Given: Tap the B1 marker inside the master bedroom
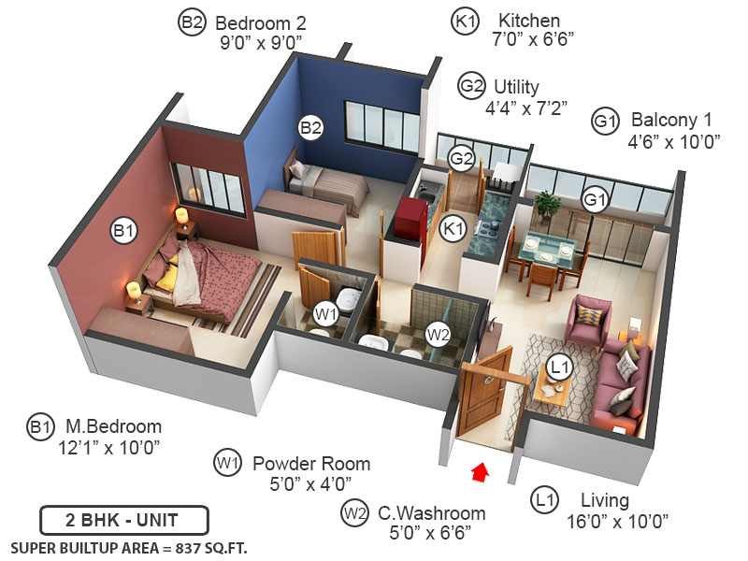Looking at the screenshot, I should point(124,230).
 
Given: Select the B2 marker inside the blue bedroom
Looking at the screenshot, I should point(310,128).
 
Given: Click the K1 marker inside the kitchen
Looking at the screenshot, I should point(453,228).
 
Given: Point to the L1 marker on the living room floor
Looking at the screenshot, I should point(559,368).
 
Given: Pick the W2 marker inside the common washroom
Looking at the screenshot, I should point(438,333).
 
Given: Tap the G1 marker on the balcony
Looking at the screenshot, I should point(596,199).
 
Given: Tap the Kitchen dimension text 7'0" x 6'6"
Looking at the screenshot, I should point(532,38).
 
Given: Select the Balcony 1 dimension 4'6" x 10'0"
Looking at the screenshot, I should point(673,141).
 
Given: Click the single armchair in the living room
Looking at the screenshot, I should point(590,320).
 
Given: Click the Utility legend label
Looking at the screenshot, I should point(516,87).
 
